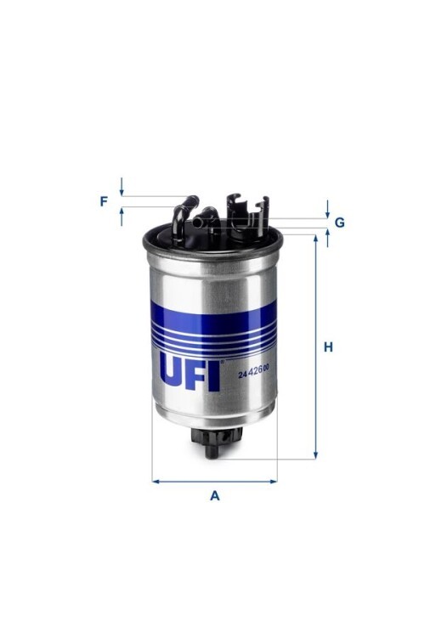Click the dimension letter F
(x=104, y=201)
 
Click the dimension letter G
(x=340, y=223)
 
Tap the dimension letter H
(x=328, y=347)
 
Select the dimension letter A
(x=215, y=496)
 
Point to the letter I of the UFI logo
(x=214, y=376)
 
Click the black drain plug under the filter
(x=217, y=443)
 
